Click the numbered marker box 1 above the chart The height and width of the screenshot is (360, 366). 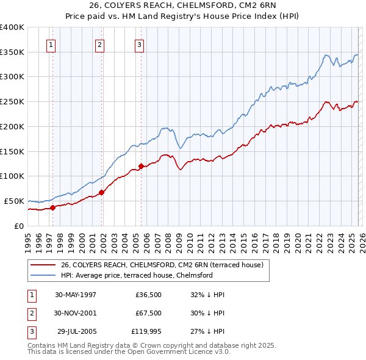(51, 44)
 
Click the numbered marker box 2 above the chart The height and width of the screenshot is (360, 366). (99, 44)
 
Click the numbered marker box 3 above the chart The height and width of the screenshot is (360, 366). (139, 44)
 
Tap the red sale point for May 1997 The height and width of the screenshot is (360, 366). (53, 207)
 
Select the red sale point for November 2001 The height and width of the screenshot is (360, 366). (102, 192)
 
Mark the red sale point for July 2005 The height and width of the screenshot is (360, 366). (141, 166)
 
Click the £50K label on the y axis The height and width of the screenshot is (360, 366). (14, 201)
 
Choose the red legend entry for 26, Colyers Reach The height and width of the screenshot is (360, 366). (162, 265)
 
